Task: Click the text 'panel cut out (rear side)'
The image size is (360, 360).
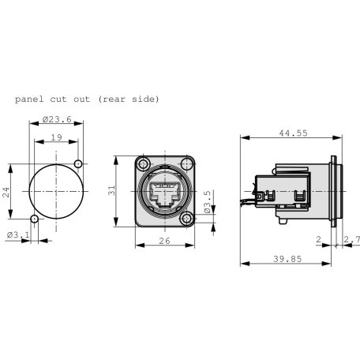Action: pyautogui.click(x=86, y=99)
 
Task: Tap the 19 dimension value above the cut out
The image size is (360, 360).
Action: pyautogui.click(x=55, y=138)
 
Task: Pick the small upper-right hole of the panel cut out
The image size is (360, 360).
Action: pyautogui.click(x=77, y=163)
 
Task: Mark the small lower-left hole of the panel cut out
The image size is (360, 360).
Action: pyautogui.click(x=33, y=219)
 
